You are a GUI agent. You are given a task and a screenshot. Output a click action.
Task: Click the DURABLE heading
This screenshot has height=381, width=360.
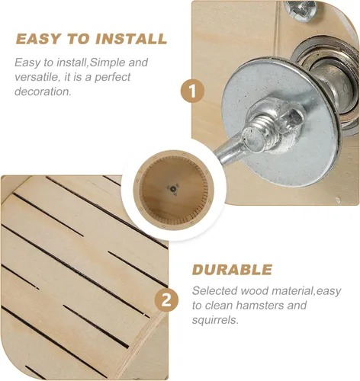point(232,269)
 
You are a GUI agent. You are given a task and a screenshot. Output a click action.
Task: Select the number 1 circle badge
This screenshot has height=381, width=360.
point(192,91)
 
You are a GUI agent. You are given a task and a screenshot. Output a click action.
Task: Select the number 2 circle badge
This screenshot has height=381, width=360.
point(166,301)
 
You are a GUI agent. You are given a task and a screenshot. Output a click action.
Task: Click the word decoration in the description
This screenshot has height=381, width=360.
point(43,91)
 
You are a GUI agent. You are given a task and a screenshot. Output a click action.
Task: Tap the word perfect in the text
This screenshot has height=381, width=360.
point(112,78)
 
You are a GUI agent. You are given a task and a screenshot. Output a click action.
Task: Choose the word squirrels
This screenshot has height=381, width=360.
point(215,320)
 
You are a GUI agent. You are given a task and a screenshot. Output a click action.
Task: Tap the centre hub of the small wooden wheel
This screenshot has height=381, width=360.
point(173,189)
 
